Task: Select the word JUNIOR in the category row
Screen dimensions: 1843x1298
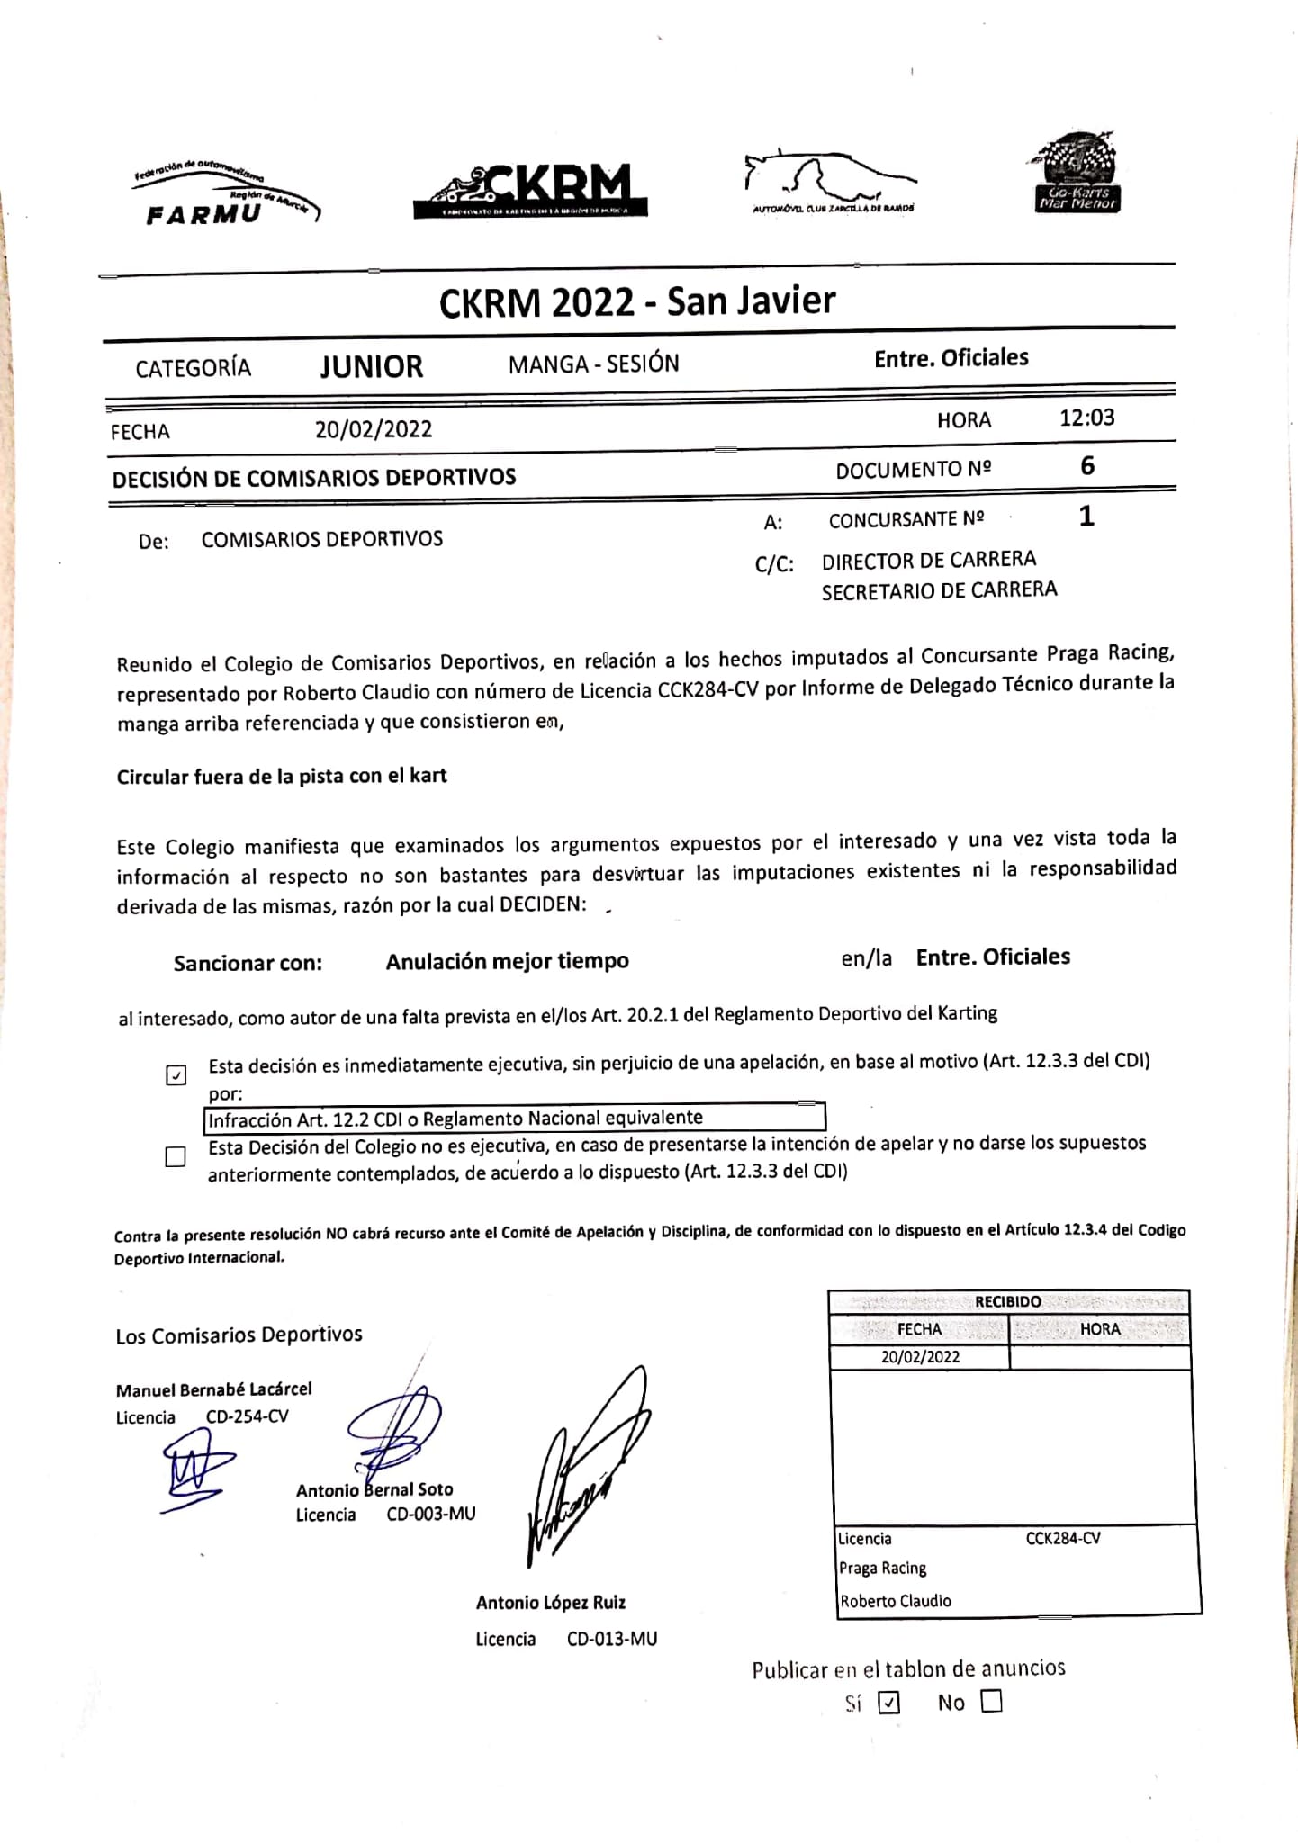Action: coord(371,367)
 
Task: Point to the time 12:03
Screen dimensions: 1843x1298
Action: coord(1086,418)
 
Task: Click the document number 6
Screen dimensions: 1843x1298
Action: coord(1087,466)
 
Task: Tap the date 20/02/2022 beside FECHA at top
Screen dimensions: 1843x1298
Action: coord(374,429)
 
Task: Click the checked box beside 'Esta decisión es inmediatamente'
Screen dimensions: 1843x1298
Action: coord(176,1074)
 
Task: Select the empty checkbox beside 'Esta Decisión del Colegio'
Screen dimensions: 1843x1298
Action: coord(176,1156)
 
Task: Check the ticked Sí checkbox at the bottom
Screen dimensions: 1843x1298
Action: coord(888,1702)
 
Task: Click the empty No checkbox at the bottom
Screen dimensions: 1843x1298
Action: coord(991,1701)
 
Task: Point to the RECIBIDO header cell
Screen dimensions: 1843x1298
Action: coord(1008,1301)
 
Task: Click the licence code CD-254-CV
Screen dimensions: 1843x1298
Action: coord(248,1416)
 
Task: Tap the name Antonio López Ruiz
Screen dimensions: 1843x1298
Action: coord(551,1602)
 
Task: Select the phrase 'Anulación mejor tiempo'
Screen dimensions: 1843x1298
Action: coord(507,961)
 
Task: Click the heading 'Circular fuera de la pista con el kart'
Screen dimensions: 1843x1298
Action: coord(282,776)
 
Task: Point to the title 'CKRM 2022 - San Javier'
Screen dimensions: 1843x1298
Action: coord(637,301)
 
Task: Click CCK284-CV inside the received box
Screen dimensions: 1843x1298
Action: coord(1063,1538)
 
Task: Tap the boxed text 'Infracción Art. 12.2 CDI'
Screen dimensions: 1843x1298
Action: coord(455,1119)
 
